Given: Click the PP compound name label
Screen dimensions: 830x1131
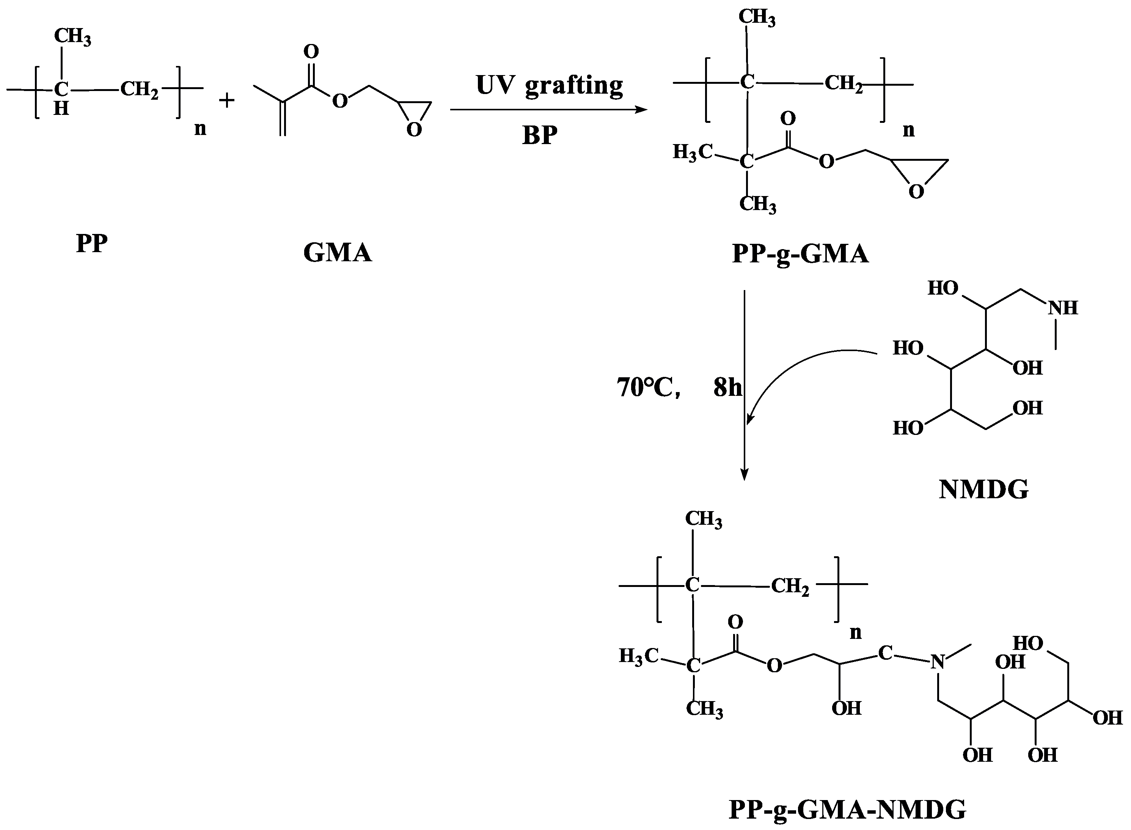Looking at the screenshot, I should [91, 244].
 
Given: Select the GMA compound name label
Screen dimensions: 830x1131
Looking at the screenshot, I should [337, 253].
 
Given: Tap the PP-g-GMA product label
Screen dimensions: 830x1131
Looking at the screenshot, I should [800, 254].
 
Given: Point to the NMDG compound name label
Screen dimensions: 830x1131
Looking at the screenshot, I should [983, 490].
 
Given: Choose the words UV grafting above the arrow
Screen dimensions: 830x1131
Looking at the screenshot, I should [549, 85].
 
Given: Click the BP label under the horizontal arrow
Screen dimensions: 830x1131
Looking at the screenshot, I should [540, 136].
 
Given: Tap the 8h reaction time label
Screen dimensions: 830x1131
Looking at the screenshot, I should [727, 388].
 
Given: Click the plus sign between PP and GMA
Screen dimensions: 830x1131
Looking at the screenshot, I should [226, 100].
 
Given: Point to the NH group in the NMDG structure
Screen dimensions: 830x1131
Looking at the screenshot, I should [1063, 308].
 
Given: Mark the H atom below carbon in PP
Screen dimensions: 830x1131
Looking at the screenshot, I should [61, 108].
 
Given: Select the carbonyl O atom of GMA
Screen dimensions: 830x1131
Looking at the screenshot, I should [311, 51].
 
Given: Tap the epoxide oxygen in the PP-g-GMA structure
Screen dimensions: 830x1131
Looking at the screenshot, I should [916, 192].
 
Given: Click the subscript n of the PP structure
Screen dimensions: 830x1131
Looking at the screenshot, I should [200, 129].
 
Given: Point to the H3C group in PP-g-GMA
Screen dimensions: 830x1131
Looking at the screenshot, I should [692, 152].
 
